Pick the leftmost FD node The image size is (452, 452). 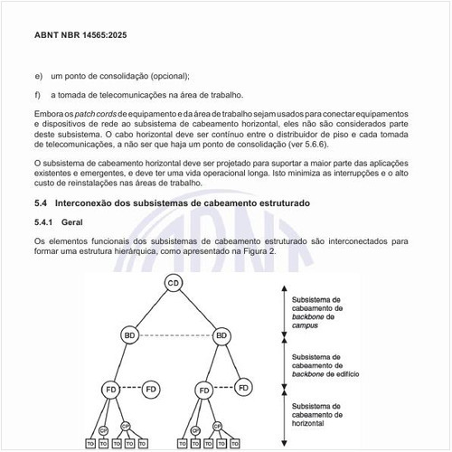tap(108, 390)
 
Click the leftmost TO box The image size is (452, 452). tap(89, 445)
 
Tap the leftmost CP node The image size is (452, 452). tap(103, 429)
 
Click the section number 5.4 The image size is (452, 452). tap(41, 203)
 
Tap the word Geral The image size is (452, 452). tap(72, 222)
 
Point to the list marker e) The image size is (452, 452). tap(38, 77)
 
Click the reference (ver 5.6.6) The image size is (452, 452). tap(304, 144)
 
